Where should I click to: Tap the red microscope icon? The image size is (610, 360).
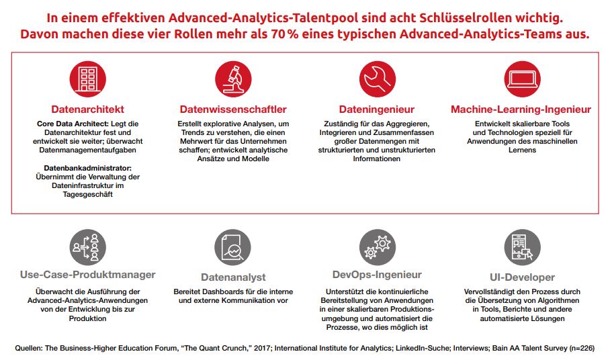click(x=232, y=79)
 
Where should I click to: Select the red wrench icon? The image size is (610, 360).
click(x=376, y=79)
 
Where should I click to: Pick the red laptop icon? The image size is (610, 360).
click(x=521, y=79)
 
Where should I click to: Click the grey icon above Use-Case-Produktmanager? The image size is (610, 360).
click(x=88, y=246)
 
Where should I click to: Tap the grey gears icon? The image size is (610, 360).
click(x=376, y=246)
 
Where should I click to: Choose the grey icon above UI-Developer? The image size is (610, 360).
click(x=521, y=247)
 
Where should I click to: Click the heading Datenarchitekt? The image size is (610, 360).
click(x=88, y=109)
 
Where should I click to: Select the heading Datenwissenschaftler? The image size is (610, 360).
click(x=233, y=109)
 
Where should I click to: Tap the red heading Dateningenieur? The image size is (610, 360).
click(x=376, y=109)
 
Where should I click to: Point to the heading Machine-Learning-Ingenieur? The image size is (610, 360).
click(x=521, y=109)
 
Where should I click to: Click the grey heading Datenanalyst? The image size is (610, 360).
click(x=233, y=277)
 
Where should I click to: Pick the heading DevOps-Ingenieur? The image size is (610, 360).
click(x=377, y=274)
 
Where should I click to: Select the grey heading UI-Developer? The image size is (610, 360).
click(x=522, y=277)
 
